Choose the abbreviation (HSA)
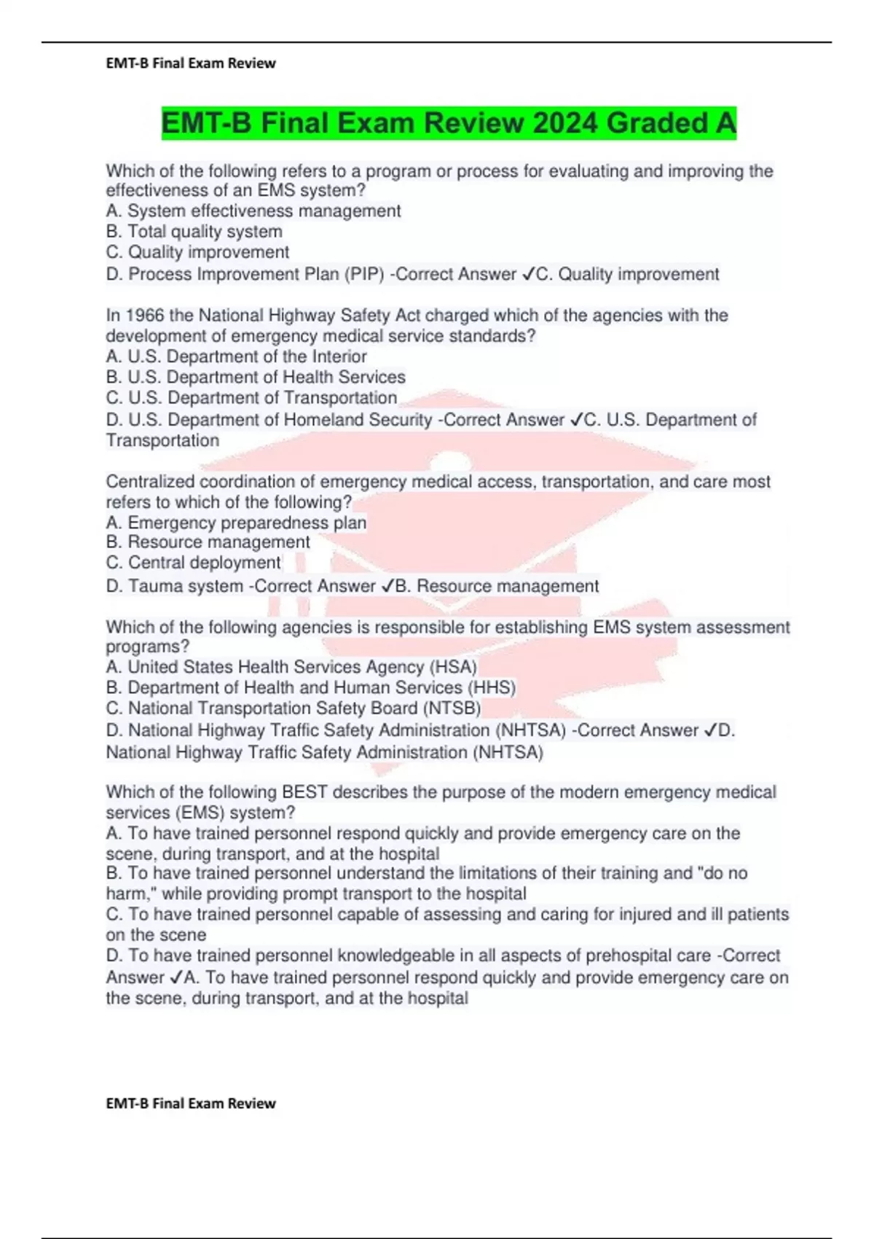tap(453, 668)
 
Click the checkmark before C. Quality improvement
tap(528, 275)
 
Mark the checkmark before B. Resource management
tap(387, 586)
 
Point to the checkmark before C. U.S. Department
tap(576, 421)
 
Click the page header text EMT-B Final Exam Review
tap(191, 63)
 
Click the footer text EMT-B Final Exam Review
tap(191, 1103)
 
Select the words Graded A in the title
tap(671, 123)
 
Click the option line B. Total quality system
tap(194, 232)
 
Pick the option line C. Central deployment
tap(194, 563)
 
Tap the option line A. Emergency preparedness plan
tap(236, 523)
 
